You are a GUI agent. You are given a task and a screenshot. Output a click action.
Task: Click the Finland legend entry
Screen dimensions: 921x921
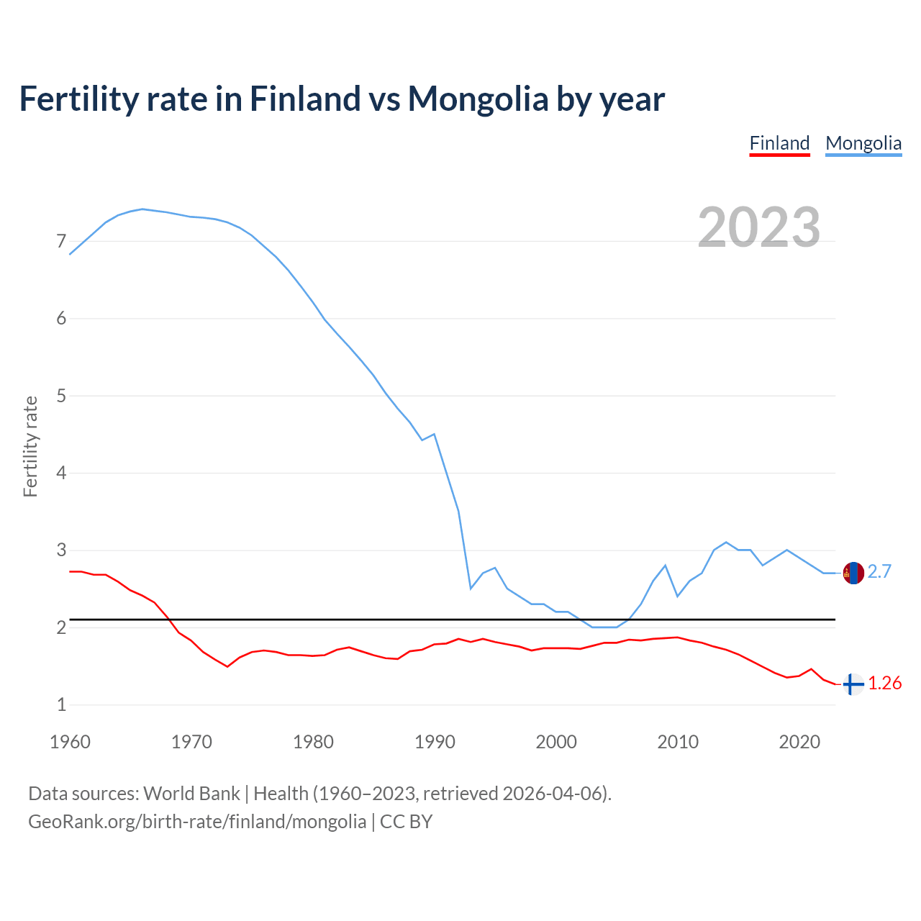[779, 143]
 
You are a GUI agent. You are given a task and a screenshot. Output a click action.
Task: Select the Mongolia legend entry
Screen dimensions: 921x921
[863, 143]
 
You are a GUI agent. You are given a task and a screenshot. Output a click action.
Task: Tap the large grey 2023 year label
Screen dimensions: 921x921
[758, 227]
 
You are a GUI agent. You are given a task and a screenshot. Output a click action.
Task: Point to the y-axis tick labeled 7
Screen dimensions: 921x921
[61, 241]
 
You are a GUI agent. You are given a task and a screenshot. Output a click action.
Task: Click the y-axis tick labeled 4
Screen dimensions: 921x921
[61, 473]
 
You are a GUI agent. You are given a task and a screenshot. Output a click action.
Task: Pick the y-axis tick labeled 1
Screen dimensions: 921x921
[61, 704]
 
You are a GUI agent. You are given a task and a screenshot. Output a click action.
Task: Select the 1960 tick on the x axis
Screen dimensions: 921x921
[70, 742]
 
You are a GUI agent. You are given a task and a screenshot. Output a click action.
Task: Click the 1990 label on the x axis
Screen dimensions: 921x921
[435, 742]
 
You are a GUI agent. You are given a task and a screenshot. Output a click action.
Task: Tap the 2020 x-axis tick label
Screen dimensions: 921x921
[799, 742]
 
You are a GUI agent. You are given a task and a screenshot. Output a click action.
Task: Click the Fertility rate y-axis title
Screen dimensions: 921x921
[30, 446]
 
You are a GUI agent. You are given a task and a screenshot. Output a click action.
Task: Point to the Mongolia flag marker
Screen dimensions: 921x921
[853, 573]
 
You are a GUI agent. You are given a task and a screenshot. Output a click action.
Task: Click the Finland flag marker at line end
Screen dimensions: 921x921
[853, 684]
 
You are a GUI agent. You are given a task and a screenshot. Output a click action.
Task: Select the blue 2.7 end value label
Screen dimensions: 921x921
[879, 571]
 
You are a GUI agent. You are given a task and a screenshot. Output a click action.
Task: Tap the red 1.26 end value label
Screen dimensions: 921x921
[884, 683]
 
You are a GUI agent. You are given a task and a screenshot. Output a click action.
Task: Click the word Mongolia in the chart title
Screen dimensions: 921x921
[478, 99]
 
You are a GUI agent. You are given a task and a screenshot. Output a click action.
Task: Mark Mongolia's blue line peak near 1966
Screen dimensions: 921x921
[142, 209]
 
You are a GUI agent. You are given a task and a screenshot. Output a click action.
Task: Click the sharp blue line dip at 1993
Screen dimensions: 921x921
[471, 589]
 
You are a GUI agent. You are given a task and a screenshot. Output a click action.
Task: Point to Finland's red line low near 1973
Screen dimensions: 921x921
[227, 666]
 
